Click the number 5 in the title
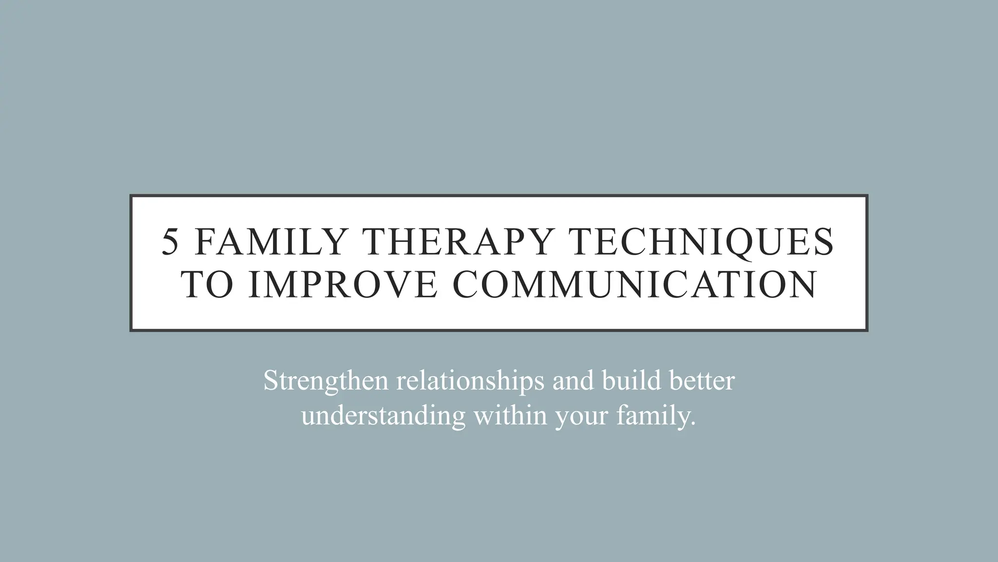pos(170,242)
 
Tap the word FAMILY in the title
pos(270,242)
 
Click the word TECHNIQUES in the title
pos(702,242)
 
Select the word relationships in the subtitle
pos(470,381)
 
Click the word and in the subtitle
pos(573,381)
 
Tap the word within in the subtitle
pos(510,416)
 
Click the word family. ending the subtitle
pos(656,416)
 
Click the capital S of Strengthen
pos(270,381)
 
